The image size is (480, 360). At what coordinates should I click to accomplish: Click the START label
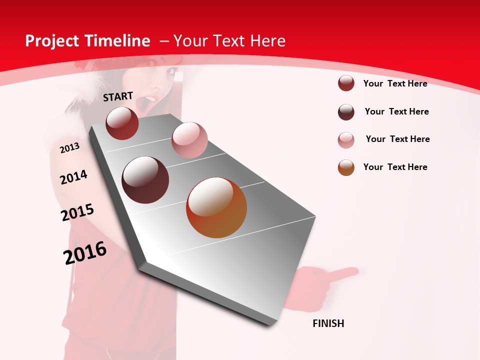click(x=118, y=96)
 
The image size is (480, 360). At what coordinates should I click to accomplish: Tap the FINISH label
click(x=328, y=323)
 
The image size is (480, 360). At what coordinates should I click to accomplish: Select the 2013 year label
click(x=69, y=147)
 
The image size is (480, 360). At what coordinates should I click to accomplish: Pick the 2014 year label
click(x=73, y=177)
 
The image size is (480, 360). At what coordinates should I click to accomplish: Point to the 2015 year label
click(x=77, y=212)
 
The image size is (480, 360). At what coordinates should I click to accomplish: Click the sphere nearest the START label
click(x=122, y=123)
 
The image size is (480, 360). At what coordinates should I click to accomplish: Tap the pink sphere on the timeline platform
click(x=189, y=140)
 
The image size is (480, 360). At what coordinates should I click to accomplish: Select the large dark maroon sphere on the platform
click(x=145, y=180)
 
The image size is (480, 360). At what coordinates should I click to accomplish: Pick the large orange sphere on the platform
click(x=216, y=207)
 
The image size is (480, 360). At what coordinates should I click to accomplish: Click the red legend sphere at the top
click(x=346, y=83)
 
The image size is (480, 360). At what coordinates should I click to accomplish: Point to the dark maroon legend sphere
click(x=346, y=112)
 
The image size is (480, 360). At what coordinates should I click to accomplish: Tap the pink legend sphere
click(x=346, y=140)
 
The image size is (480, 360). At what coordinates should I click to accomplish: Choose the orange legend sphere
click(x=346, y=167)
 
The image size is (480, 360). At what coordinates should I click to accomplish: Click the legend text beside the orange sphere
click(x=395, y=167)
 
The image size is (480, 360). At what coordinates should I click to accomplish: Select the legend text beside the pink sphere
click(x=397, y=139)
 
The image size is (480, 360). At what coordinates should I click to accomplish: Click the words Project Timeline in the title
click(x=87, y=41)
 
